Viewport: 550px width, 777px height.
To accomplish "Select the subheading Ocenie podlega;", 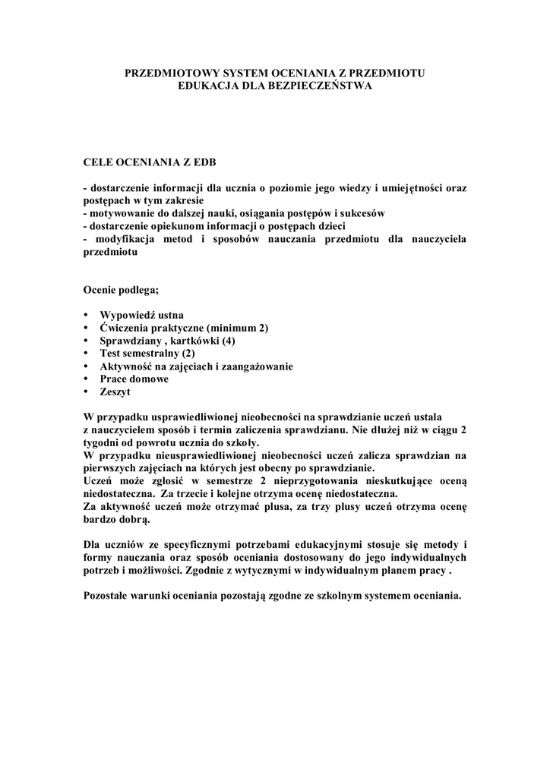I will click(x=122, y=289).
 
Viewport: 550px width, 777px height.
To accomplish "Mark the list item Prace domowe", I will click(x=134, y=379).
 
